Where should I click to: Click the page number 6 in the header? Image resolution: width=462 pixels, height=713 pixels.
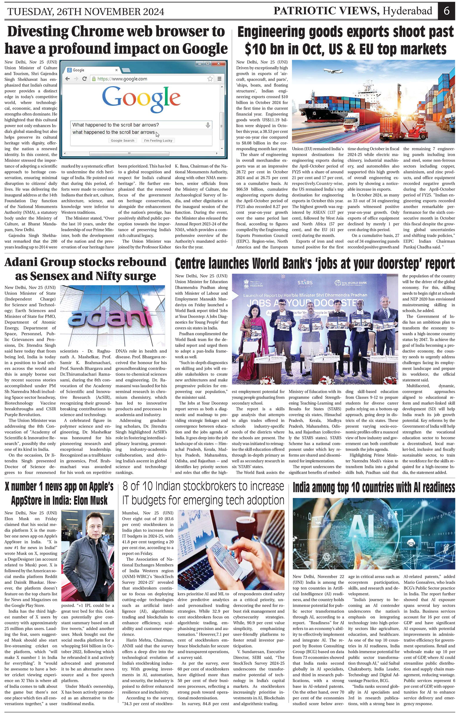coord(446,11)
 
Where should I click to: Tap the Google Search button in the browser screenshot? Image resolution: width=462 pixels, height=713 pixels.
coord(122,141)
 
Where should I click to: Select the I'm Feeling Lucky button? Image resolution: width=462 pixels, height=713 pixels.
coord(158,141)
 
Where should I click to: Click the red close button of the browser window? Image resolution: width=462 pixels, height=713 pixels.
coord(218,64)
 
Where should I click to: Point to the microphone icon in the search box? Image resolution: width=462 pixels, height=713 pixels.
coord(208,125)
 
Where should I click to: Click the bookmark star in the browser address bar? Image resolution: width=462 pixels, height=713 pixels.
coord(210,79)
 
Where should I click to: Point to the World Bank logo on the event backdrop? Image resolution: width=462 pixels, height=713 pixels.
coord(351,283)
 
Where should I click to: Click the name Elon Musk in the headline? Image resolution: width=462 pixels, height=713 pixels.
coord(89,501)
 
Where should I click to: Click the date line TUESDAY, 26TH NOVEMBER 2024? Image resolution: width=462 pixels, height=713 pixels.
coord(86,12)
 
